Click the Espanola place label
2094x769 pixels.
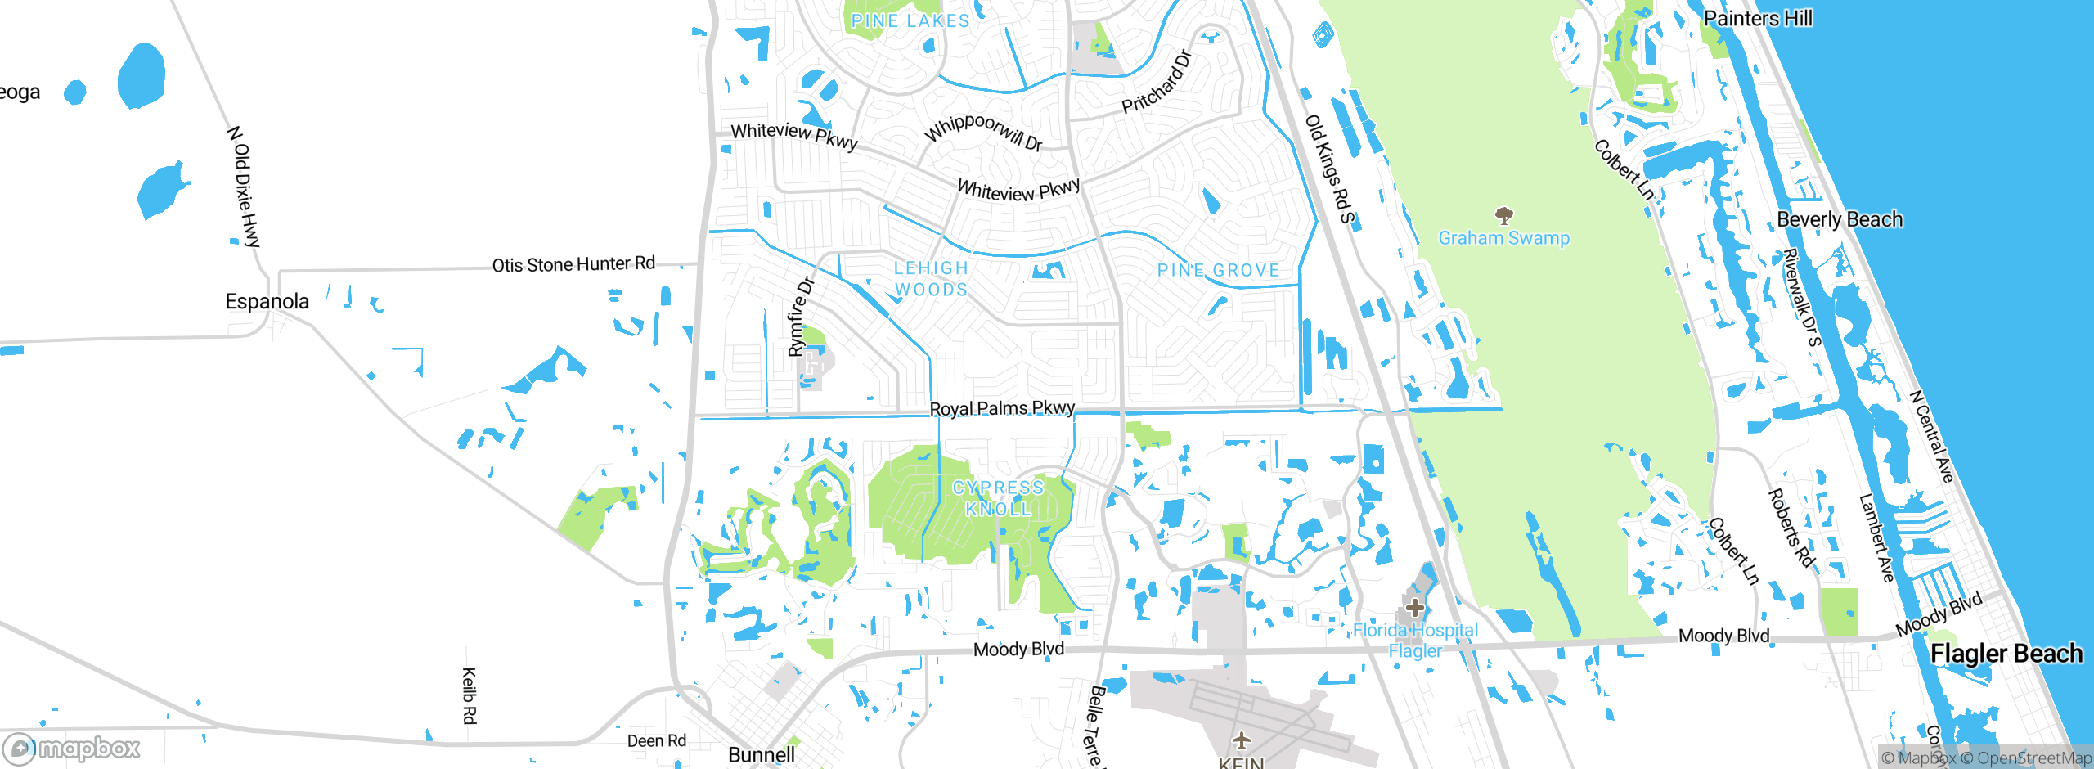click(267, 302)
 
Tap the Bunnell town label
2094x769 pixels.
click(761, 754)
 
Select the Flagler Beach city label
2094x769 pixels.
click(2006, 654)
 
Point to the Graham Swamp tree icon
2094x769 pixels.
click(1503, 216)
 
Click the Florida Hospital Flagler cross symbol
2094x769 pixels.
click(1415, 608)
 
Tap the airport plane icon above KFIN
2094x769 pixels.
click(1242, 741)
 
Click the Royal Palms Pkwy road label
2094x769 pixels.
click(1002, 408)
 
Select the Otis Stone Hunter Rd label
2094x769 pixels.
click(573, 264)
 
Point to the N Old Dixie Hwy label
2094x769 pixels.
click(244, 187)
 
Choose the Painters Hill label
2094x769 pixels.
click(1758, 18)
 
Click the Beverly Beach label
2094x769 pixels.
click(1840, 220)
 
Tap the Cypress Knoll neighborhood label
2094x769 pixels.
click(998, 498)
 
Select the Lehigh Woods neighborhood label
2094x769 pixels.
click(931, 279)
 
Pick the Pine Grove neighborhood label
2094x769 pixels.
click(1218, 271)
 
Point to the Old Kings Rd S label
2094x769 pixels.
click(1329, 169)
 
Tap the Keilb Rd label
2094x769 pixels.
click(470, 695)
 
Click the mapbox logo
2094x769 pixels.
click(72, 748)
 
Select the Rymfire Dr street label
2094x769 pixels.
click(801, 317)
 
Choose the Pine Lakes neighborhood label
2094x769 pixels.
click(910, 21)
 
